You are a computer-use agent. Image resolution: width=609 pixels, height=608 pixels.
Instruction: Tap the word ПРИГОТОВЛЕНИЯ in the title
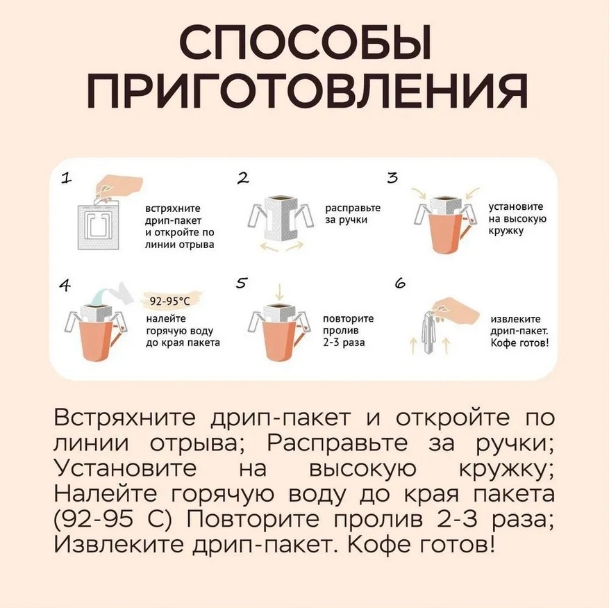[306, 92]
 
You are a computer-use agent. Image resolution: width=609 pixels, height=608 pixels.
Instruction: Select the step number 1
[67, 178]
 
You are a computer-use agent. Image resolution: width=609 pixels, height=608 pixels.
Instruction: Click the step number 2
[243, 178]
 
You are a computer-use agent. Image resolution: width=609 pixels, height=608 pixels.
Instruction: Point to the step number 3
[392, 178]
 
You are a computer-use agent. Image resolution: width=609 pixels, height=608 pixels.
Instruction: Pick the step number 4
[65, 286]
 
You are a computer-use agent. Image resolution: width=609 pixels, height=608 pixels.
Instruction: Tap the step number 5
[241, 283]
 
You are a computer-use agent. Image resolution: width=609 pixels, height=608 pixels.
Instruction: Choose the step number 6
[400, 283]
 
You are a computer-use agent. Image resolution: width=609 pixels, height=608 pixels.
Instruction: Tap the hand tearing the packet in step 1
[119, 188]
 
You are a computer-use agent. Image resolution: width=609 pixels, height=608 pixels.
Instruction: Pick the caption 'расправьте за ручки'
[353, 214]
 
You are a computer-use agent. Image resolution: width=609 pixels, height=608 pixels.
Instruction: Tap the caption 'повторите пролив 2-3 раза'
[349, 331]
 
